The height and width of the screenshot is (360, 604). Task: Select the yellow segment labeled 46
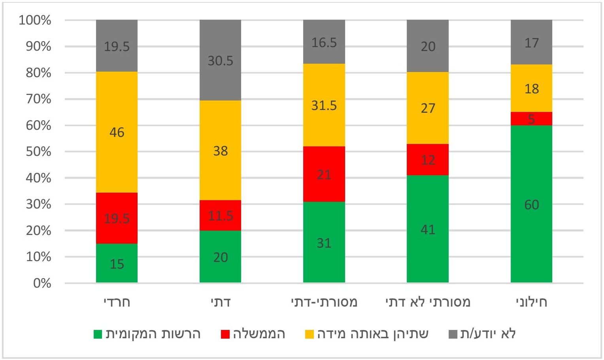pyautogui.click(x=117, y=132)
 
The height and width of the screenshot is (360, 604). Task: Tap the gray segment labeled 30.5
pyautogui.click(x=220, y=60)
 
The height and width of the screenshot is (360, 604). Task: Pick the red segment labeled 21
pyautogui.click(x=324, y=174)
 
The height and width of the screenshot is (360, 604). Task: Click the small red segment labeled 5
pyautogui.click(x=531, y=119)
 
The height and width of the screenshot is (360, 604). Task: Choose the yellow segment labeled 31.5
pyautogui.click(x=324, y=105)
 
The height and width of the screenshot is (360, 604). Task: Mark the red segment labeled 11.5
pyautogui.click(x=220, y=215)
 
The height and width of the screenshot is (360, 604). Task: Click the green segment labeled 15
pyautogui.click(x=117, y=263)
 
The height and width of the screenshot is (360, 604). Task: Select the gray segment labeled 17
pyautogui.click(x=531, y=42)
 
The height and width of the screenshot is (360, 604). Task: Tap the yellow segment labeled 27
pyautogui.click(x=428, y=108)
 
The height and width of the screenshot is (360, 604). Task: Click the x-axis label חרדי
pyautogui.click(x=117, y=302)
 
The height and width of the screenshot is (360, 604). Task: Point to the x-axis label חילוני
pyautogui.click(x=531, y=302)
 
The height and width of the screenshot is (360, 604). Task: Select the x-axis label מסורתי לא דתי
pyautogui.click(x=428, y=302)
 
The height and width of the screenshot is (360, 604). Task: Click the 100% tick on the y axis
pyautogui.click(x=35, y=20)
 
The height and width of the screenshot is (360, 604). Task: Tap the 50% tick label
pyautogui.click(x=38, y=152)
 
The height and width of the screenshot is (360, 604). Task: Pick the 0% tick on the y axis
pyautogui.click(x=42, y=283)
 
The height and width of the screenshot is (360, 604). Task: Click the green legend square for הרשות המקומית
pyautogui.click(x=98, y=334)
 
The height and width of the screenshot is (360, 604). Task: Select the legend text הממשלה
pyautogui.click(x=259, y=334)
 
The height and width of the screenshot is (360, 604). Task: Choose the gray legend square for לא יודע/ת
pyautogui.click(x=453, y=334)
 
